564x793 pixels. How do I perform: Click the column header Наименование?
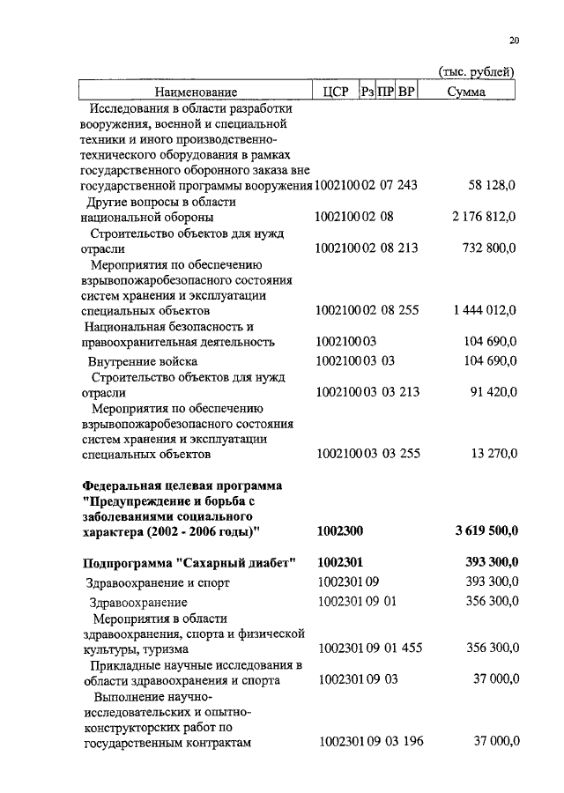click(197, 92)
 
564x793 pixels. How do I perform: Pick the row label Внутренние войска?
click(142, 361)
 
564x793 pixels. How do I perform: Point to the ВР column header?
click(405, 92)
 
